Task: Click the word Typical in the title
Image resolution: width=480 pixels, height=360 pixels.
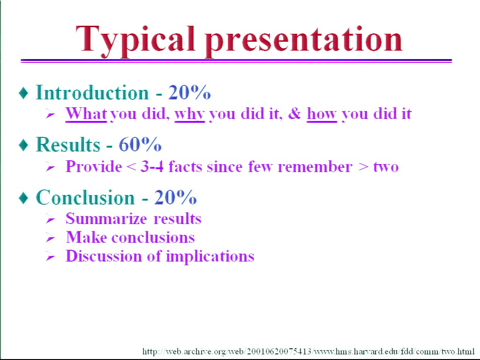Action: [135, 41]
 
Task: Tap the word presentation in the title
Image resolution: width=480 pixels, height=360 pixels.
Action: [304, 41]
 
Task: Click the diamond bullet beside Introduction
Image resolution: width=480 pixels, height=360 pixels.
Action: [23, 93]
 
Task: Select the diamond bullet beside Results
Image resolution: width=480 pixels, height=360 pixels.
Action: [23, 145]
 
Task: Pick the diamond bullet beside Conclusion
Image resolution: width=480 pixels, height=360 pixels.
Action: [23, 198]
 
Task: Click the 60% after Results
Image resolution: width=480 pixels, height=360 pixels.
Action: [140, 144]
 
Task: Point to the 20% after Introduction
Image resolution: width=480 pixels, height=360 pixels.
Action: [189, 92]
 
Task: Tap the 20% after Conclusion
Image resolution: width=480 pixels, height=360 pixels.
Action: [175, 197]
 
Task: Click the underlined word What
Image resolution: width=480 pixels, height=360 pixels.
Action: [86, 113]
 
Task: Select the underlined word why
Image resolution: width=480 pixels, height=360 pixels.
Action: [189, 114]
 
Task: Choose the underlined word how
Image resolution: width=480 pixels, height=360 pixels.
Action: [322, 114]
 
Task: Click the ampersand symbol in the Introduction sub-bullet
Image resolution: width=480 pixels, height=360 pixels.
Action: [295, 113]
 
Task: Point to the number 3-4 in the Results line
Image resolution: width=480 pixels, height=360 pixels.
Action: [152, 167]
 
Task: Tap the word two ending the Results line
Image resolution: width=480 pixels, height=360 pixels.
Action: [386, 167]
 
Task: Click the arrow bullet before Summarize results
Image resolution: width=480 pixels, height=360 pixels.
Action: [51, 219]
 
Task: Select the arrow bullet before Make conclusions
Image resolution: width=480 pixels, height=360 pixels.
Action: [51, 238]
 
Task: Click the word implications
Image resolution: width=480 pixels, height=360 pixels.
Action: [210, 256]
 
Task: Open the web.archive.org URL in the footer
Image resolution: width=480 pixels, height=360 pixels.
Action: [308, 351]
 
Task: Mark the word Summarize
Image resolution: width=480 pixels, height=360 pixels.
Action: [106, 219]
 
